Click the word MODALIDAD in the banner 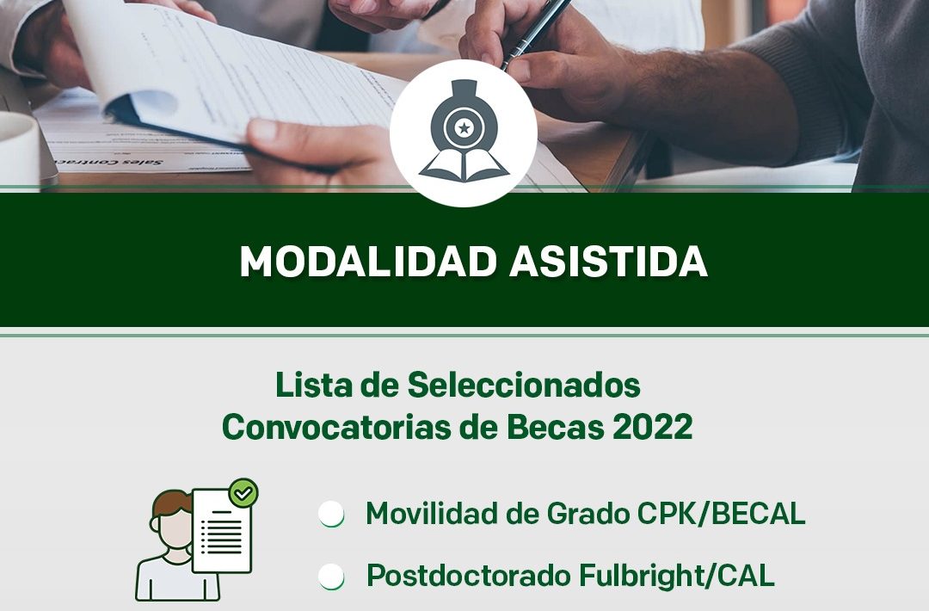pyautogui.click(x=367, y=262)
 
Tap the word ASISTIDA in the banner pyautogui.click(x=608, y=262)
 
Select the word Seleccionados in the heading pyautogui.click(x=524, y=386)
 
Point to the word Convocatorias pyautogui.click(x=336, y=426)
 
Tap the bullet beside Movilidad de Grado pyautogui.click(x=331, y=513)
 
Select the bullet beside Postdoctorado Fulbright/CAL pyautogui.click(x=331, y=576)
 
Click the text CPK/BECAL pyautogui.click(x=721, y=513)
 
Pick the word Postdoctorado pyautogui.click(x=467, y=576)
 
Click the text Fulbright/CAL pyautogui.click(x=676, y=575)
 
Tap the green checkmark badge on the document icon pyautogui.click(x=243, y=492)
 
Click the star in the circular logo pyautogui.click(x=464, y=127)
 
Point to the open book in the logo pyautogui.click(x=464, y=165)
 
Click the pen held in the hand pyautogui.click(x=534, y=29)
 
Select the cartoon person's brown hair pyautogui.click(x=171, y=503)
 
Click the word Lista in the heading pyautogui.click(x=314, y=386)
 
